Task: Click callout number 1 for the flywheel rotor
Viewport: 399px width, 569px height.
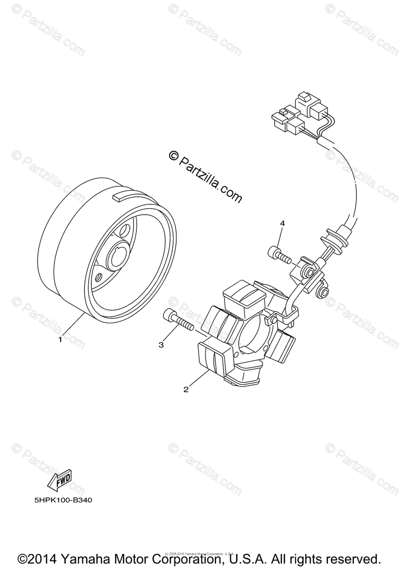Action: pos(60,339)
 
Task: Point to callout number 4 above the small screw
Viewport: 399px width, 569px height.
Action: pos(282,223)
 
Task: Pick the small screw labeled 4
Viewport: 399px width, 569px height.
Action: pos(279,255)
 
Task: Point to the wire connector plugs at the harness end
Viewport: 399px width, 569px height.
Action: pos(296,115)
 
